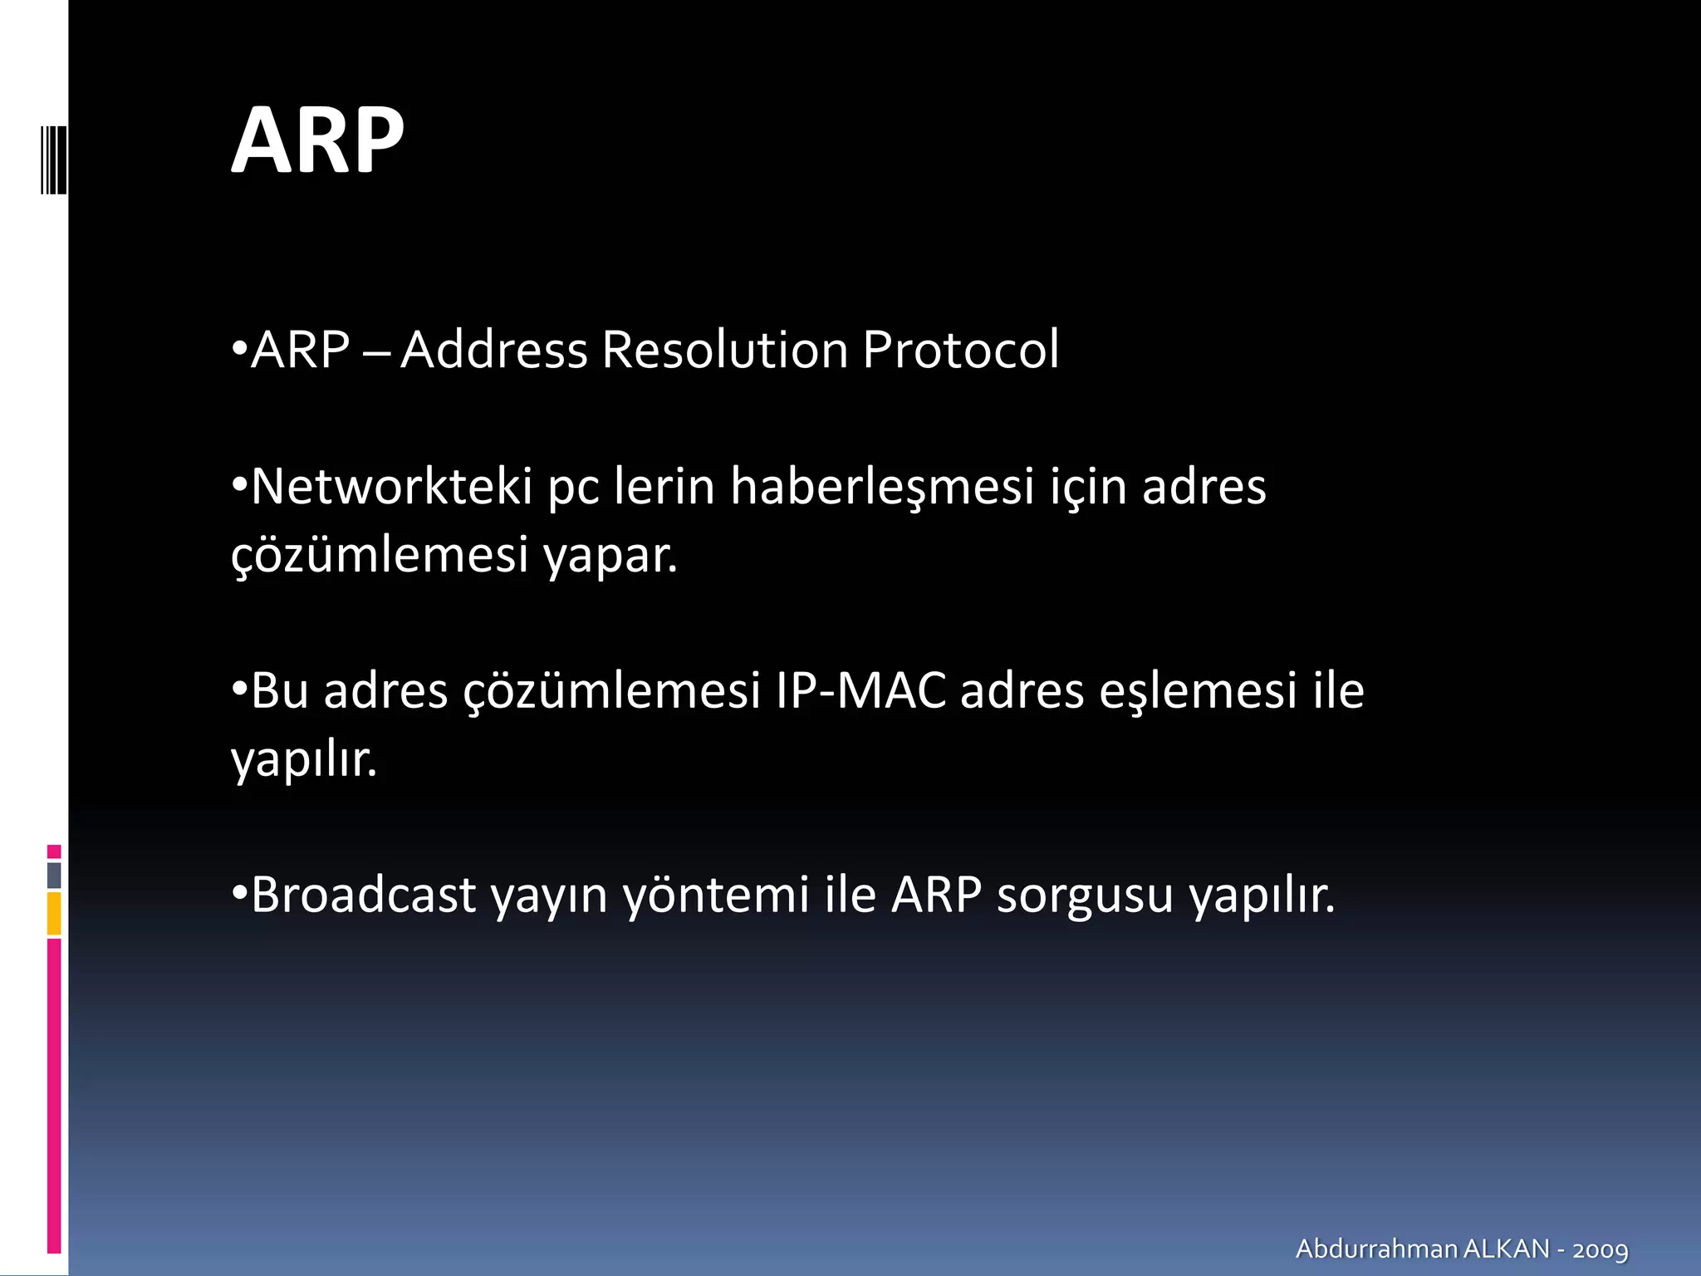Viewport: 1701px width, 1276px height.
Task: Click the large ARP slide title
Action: click(317, 141)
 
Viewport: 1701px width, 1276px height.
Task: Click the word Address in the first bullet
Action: click(494, 349)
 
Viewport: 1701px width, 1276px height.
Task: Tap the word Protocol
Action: click(960, 349)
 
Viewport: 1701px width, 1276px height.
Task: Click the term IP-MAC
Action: click(860, 690)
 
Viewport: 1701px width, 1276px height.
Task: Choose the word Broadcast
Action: click(364, 895)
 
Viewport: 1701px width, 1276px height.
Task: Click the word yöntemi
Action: click(716, 896)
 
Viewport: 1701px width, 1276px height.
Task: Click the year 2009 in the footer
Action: click(1601, 1249)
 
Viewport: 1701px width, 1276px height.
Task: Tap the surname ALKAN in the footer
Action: click(1506, 1249)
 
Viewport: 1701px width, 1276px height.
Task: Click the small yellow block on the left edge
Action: click(54, 913)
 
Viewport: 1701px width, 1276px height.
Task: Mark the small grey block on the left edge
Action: click(54, 875)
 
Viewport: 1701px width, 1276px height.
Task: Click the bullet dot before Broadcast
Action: click(239, 893)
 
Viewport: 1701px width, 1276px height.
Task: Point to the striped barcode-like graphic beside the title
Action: click(53, 159)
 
